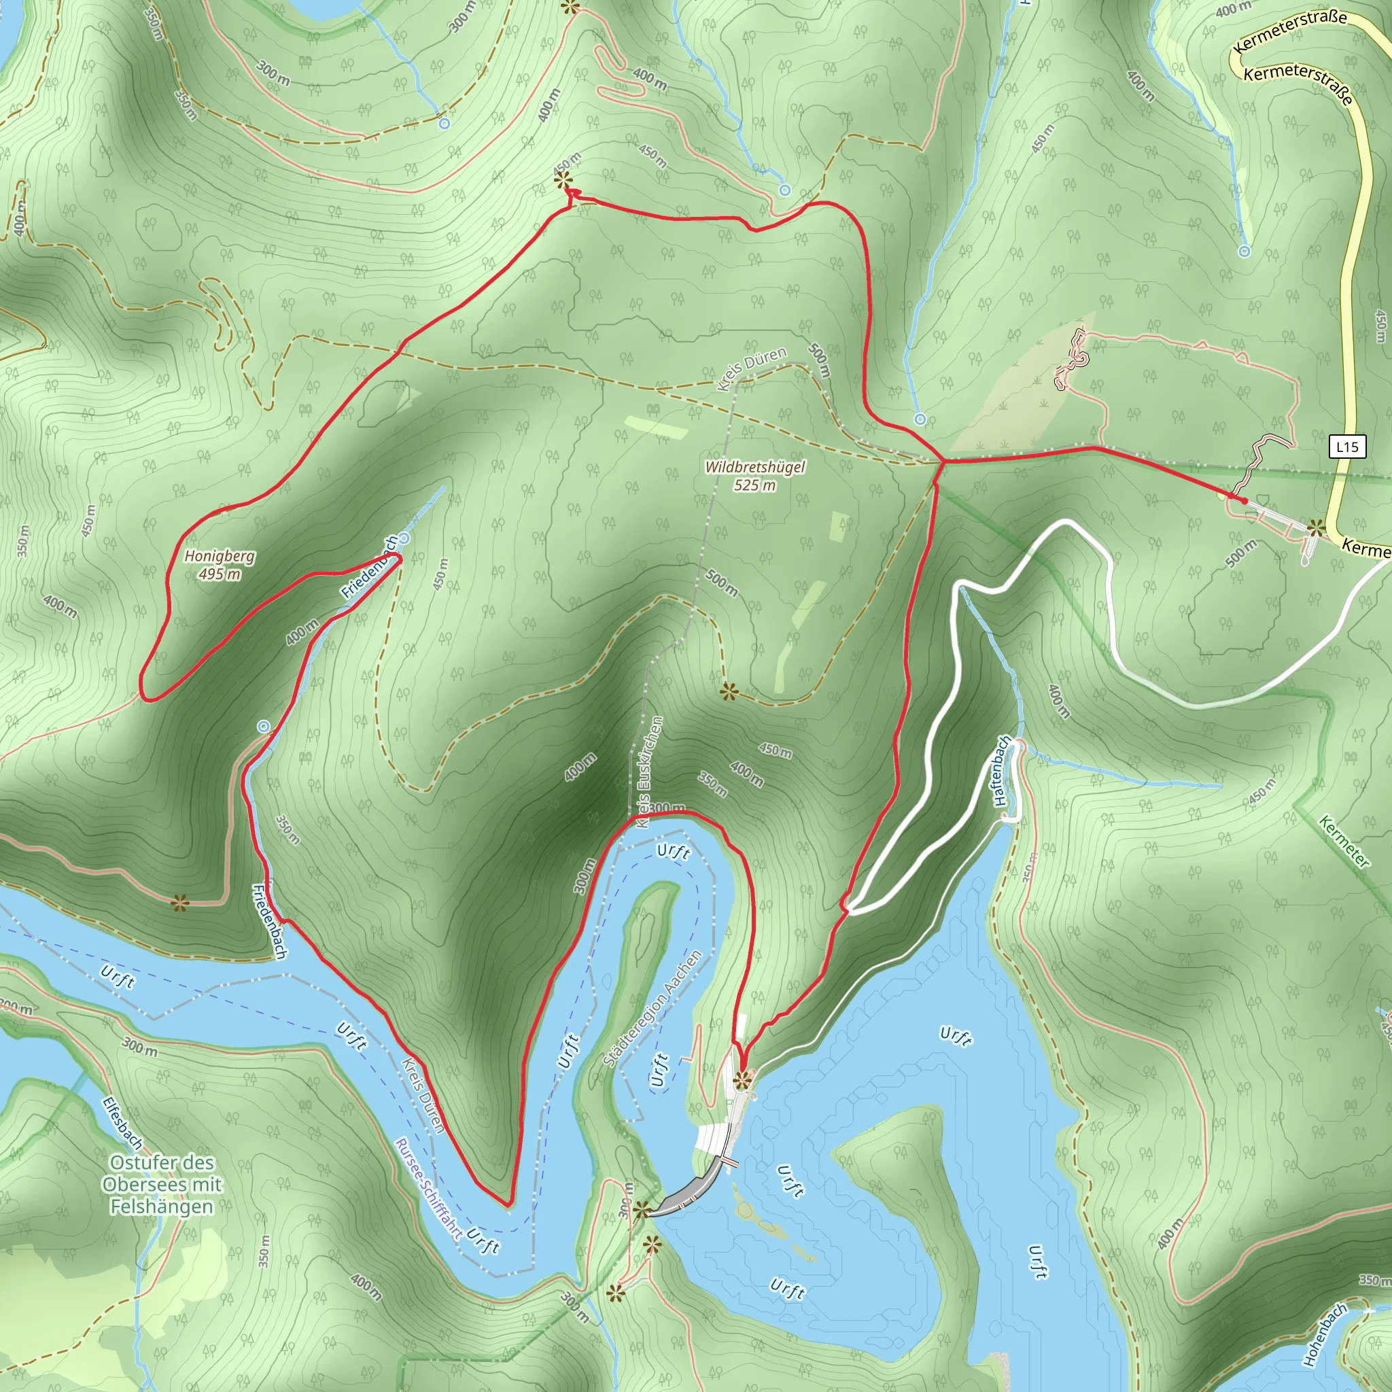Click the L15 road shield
[x=1347, y=447]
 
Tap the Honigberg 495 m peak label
[x=220, y=565]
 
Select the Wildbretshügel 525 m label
[x=754, y=476]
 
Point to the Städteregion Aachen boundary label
[x=652, y=1009]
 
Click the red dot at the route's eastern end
[x=1245, y=501]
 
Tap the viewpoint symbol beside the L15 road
[x=1317, y=527]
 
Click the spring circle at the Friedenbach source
[x=404, y=538]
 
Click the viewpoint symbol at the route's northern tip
[x=563, y=180]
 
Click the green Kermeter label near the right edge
[x=1344, y=841]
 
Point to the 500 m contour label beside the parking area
[x=1240, y=552]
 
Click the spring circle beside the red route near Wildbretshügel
[x=920, y=419]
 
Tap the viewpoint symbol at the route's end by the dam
[x=742, y=1079]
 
